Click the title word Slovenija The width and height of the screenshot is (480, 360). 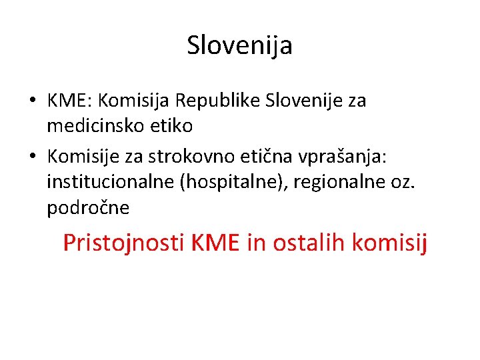[x=239, y=46]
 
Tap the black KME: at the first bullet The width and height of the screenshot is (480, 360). [x=70, y=101]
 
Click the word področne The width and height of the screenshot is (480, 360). [x=89, y=208]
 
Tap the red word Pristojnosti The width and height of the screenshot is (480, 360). [x=124, y=243]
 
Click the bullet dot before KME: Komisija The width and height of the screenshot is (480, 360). [x=33, y=102]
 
